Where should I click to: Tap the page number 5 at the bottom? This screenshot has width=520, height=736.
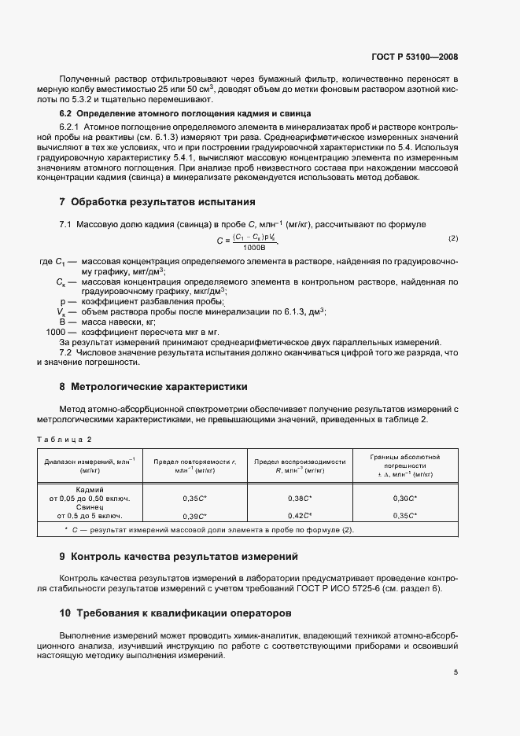click(x=455, y=672)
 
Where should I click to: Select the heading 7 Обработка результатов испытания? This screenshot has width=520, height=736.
click(x=157, y=202)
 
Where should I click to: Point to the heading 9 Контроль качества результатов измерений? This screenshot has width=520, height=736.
click(x=179, y=557)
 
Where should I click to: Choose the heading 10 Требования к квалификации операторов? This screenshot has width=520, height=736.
click(x=175, y=612)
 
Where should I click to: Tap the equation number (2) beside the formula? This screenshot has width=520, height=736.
click(x=452, y=238)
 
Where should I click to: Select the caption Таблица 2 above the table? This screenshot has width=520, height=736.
click(x=65, y=439)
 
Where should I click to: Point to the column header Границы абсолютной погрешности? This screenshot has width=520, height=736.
click(x=404, y=465)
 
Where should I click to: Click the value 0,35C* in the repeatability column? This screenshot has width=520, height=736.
click(x=194, y=499)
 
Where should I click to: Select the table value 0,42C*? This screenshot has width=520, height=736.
click(x=300, y=516)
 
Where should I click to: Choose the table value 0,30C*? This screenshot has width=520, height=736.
click(x=404, y=499)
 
